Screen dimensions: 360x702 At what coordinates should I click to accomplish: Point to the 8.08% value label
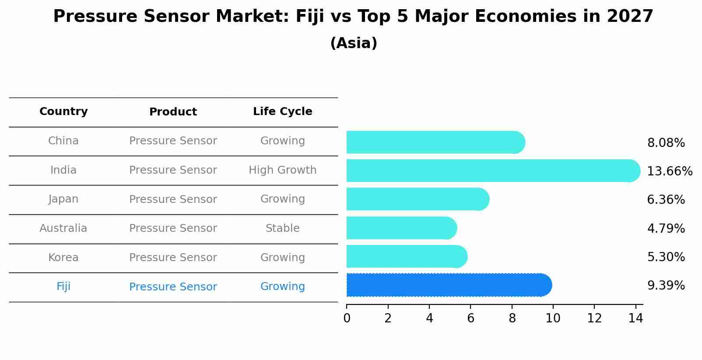[666, 143]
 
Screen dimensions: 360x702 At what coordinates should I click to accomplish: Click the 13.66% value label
[669, 171]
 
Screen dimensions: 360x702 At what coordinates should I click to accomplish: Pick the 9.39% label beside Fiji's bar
[666, 286]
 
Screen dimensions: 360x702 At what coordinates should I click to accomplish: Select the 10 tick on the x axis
[553, 318]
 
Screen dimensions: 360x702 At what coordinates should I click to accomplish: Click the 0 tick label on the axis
[347, 318]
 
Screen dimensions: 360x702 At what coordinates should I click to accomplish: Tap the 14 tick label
[635, 318]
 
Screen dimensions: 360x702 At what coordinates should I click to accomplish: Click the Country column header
[63, 112]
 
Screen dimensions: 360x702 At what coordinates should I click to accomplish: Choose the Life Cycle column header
[282, 112]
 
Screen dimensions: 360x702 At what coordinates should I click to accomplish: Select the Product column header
[173, 112]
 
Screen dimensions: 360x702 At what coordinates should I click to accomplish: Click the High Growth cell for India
[282, 170]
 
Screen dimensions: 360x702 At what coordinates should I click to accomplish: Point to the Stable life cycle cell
[282, 228]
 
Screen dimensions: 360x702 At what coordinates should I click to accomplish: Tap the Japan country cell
[63, 199]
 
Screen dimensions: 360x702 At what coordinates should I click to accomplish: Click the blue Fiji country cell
[63, 287]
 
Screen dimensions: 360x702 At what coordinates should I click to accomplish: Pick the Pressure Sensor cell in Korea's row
[173, 258]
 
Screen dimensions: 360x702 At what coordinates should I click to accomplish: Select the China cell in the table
[63, 141]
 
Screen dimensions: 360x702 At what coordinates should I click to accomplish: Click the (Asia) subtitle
[354, 43]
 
